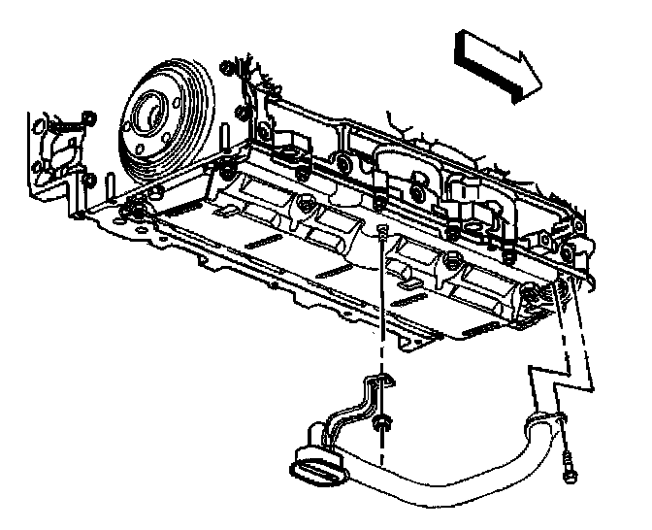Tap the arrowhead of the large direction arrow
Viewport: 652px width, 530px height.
click(x=524, y=73)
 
